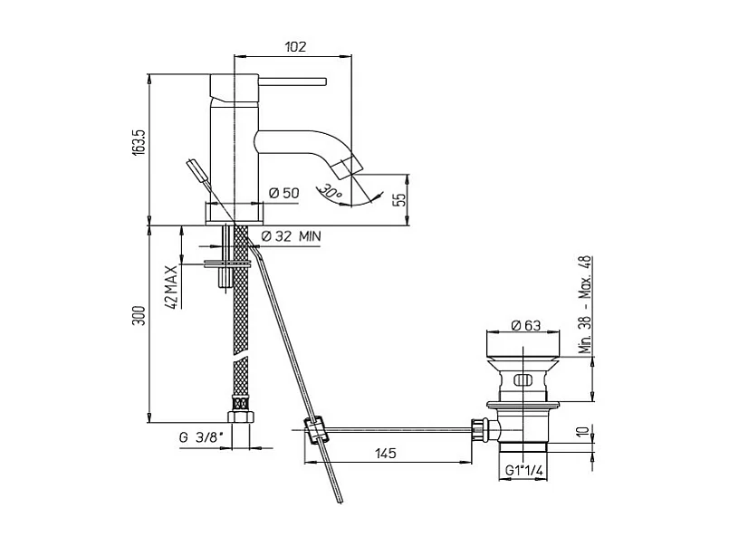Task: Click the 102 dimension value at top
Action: tap(295, 46)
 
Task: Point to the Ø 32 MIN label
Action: tap(292, 236)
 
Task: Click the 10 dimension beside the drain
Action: tap(586, 433)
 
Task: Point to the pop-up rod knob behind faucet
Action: tap(193, 168)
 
